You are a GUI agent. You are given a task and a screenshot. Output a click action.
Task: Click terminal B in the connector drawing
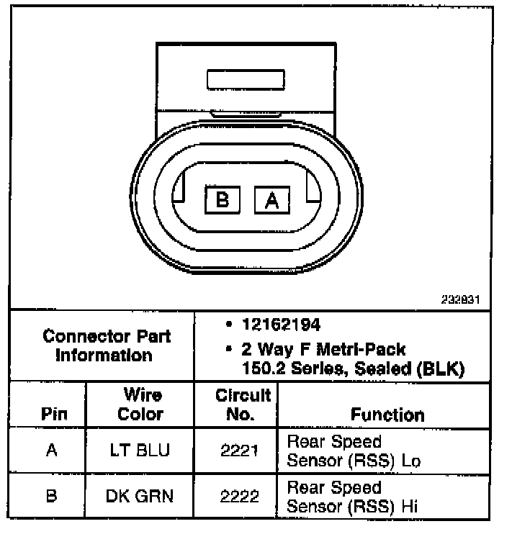223,199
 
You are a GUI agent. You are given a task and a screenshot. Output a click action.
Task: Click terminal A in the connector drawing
271,199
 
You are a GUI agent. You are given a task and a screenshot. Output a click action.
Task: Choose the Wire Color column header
140,404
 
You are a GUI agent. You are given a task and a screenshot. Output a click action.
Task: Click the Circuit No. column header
243,404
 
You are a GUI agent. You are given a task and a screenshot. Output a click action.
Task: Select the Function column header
387,415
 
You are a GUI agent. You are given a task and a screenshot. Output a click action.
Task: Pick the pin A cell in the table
50,451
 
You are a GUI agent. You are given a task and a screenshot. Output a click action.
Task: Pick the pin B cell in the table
50,496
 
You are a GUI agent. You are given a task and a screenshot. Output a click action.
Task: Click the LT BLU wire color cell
140,451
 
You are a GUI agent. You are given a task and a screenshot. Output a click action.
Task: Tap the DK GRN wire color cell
140,496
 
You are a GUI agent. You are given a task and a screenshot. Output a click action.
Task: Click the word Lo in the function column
411,461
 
